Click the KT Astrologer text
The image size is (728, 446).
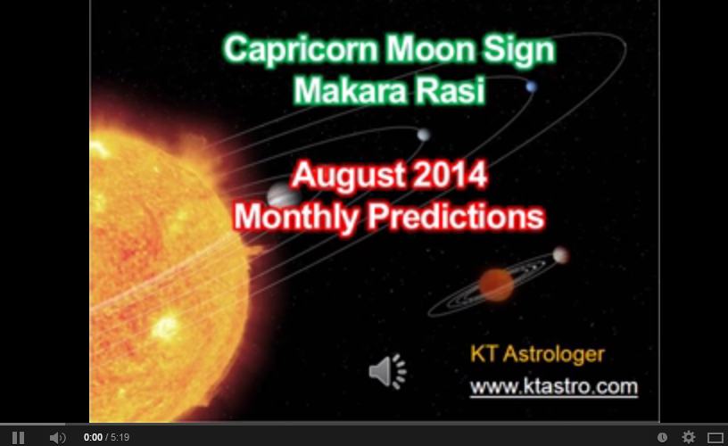pyautogui.click(x=537, y=354)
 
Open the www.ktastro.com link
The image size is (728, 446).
pyautogui.click(x=554, y=386)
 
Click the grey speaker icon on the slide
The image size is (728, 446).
pyautogui.click(x=386, y=371)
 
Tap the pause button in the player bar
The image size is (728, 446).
pyautogui.click(x=18, y=437)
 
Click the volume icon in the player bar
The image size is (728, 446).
pyautogui.click(x=57, y=437)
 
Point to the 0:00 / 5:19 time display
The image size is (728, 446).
pyautogui.click(x=107, y=437)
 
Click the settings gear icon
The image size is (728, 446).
pyautogui.click(x=689, y=437)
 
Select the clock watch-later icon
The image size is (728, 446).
pyautogui.click(x=662, y=437)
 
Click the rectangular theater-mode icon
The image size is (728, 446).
pyautogui.click(x=715, y=437)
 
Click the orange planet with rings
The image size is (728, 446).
pyautogui.click(x=496, y=285)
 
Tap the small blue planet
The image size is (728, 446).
pyautogui.click(x=531, y=87)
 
